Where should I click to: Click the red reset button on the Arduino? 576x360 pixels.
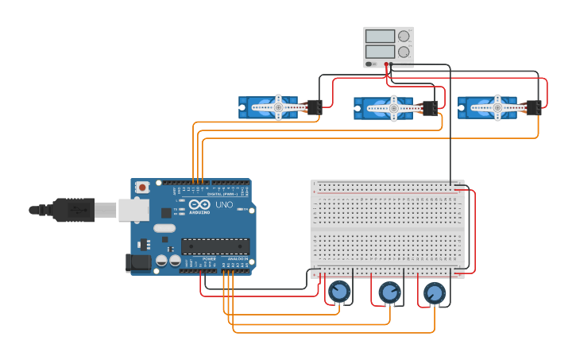click(142, 188)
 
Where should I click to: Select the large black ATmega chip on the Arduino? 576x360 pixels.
click(215, 246)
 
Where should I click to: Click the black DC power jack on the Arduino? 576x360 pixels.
click(138, 263)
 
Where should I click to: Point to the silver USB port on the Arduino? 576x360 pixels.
click(133, 210)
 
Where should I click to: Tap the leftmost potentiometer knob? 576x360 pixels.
click(339, 292)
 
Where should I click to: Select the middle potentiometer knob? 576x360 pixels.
click(389, 292)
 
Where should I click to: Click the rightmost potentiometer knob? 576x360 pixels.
click(434, 293)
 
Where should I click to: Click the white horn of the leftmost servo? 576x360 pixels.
click(278, 106)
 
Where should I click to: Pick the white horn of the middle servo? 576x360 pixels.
click(392, 108)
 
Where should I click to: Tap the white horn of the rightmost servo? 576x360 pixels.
click(497, 107)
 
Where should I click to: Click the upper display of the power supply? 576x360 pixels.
click(380, 36)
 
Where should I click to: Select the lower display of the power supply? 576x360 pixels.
click(380, 52)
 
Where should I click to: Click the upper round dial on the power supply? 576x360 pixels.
click(404, 36)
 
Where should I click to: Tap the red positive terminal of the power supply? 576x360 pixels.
click(386, 64)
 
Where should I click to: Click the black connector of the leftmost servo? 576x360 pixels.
click(313, 107)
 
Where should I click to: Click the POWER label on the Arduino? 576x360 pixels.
click(209, 259)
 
